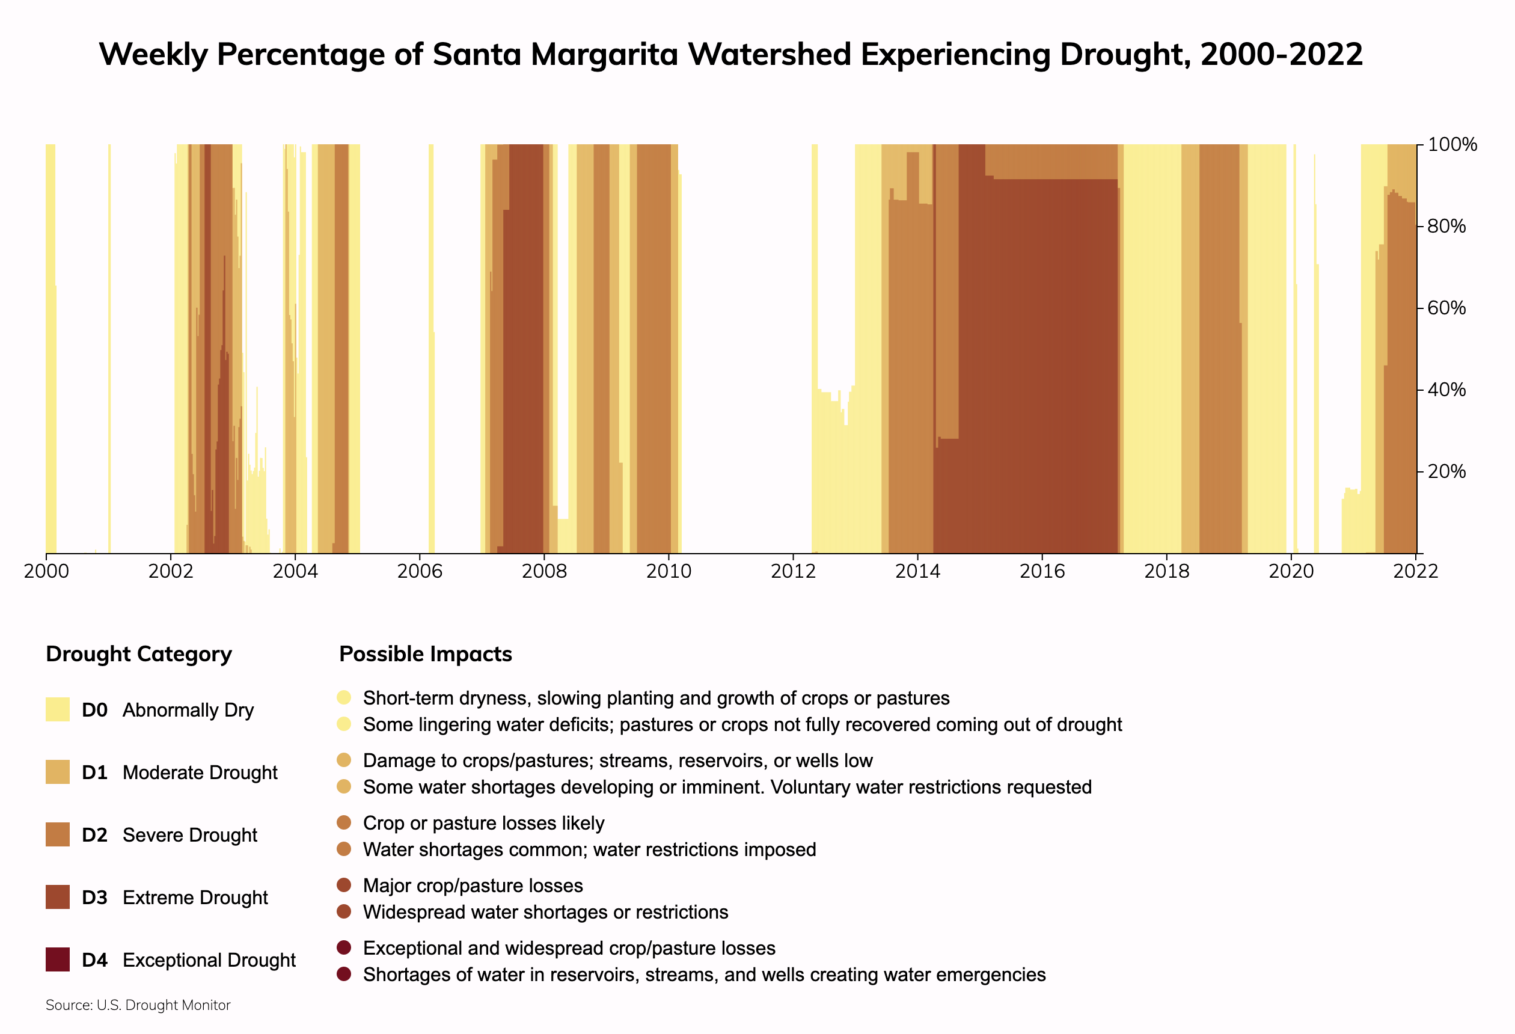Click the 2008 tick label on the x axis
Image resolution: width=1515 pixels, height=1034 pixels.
543,572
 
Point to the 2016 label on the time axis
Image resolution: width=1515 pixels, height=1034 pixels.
1042,572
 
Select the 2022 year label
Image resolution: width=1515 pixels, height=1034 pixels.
1415,572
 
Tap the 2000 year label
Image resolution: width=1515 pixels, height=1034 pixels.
46,572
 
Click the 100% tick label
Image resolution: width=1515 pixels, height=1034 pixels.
1452,145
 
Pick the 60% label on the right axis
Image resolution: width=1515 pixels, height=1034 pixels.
1446,308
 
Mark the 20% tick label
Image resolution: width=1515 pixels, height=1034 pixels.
1446,471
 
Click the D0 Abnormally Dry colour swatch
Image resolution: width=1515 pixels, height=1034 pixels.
57,709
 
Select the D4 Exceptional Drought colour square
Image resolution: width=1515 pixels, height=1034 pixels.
57,959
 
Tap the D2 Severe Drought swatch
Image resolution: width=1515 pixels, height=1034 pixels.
57,834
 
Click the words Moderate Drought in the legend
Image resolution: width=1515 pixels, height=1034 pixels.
200,772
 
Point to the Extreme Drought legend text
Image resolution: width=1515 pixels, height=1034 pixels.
195,898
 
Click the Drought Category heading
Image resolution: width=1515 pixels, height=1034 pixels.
139,654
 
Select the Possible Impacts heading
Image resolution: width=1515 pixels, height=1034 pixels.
426,654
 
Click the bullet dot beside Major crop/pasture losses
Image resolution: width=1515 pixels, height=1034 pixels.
344,886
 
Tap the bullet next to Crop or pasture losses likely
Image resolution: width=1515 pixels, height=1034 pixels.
344,823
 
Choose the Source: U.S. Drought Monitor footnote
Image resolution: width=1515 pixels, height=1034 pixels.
138,1005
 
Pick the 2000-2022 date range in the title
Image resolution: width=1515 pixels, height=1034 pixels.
1281,54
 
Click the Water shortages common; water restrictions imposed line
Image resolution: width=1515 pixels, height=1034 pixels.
589,849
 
